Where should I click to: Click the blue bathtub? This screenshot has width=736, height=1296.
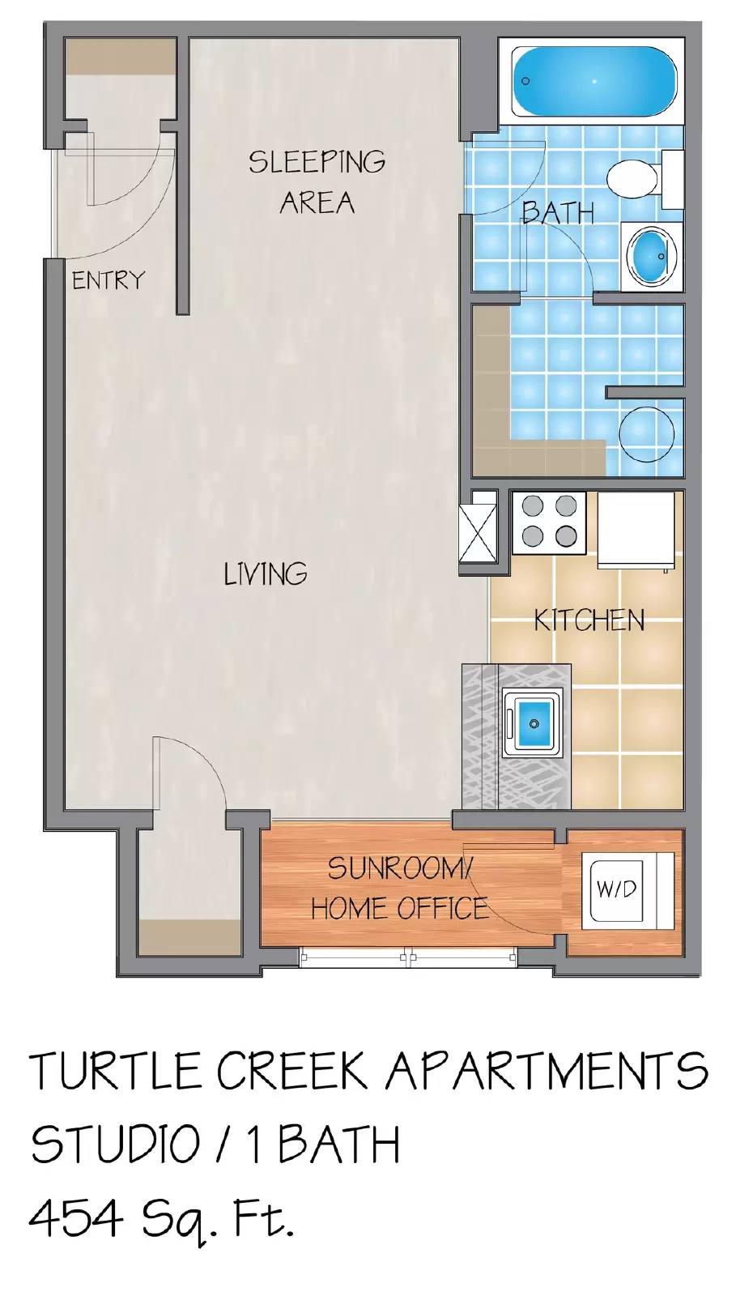[x=594, y=81]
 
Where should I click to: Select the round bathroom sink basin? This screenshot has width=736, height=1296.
[x=653, y=254]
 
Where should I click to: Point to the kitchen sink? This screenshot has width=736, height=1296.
[x=532, y=720]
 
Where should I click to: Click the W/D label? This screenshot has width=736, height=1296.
[x=616, y=889]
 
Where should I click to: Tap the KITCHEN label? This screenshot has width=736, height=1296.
[x=589, y=621]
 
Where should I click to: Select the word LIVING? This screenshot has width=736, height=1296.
[x=266, y=574]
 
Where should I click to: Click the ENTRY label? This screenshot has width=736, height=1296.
[x=108, y=280]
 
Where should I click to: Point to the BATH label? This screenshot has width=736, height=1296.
[x=558, y=212]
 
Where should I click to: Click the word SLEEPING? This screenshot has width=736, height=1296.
[x=317, y=162]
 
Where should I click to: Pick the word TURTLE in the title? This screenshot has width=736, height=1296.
[x=116, y=1072]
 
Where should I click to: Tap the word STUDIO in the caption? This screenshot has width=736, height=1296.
[x=116, y=1145]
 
